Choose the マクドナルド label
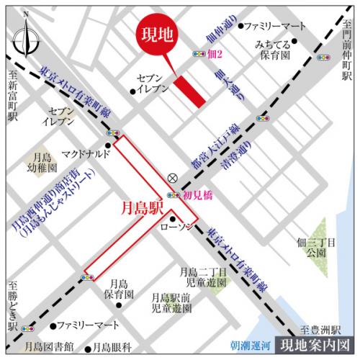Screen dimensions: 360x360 (x=84, y=153)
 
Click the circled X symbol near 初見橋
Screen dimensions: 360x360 (x=172, y=178)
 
